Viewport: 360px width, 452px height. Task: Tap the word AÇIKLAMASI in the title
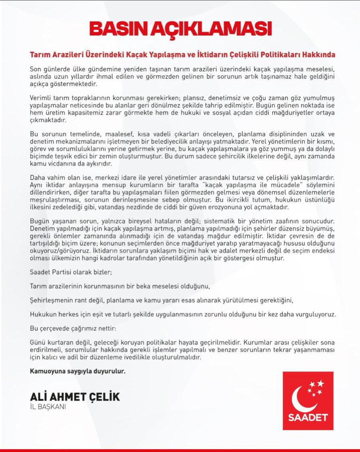(212, 29)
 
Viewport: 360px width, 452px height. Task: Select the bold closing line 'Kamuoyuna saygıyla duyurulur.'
(78, 371)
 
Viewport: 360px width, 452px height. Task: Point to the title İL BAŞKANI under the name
(48, 407)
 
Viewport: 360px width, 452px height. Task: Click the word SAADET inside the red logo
(308, 417)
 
